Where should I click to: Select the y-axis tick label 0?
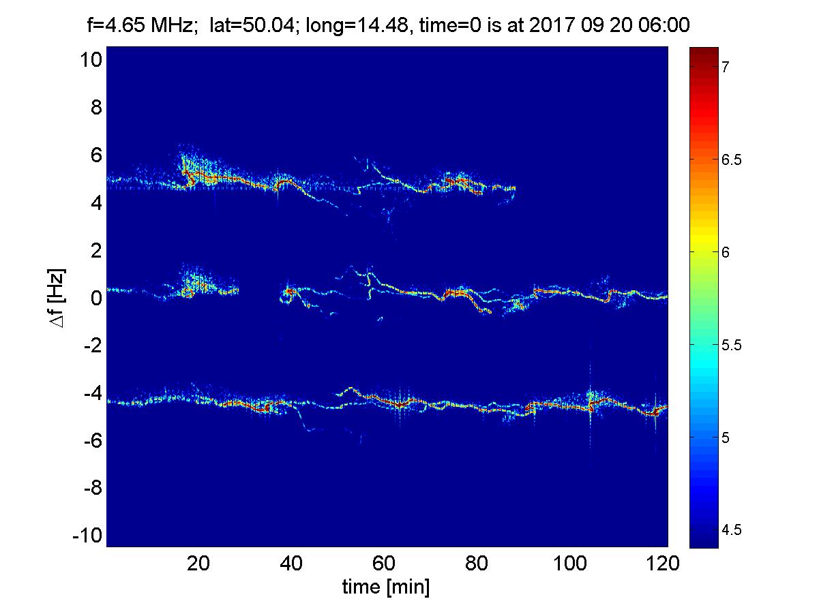96,298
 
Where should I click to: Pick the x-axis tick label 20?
198,564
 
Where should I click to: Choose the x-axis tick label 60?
385,564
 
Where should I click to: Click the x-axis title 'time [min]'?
386,587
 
